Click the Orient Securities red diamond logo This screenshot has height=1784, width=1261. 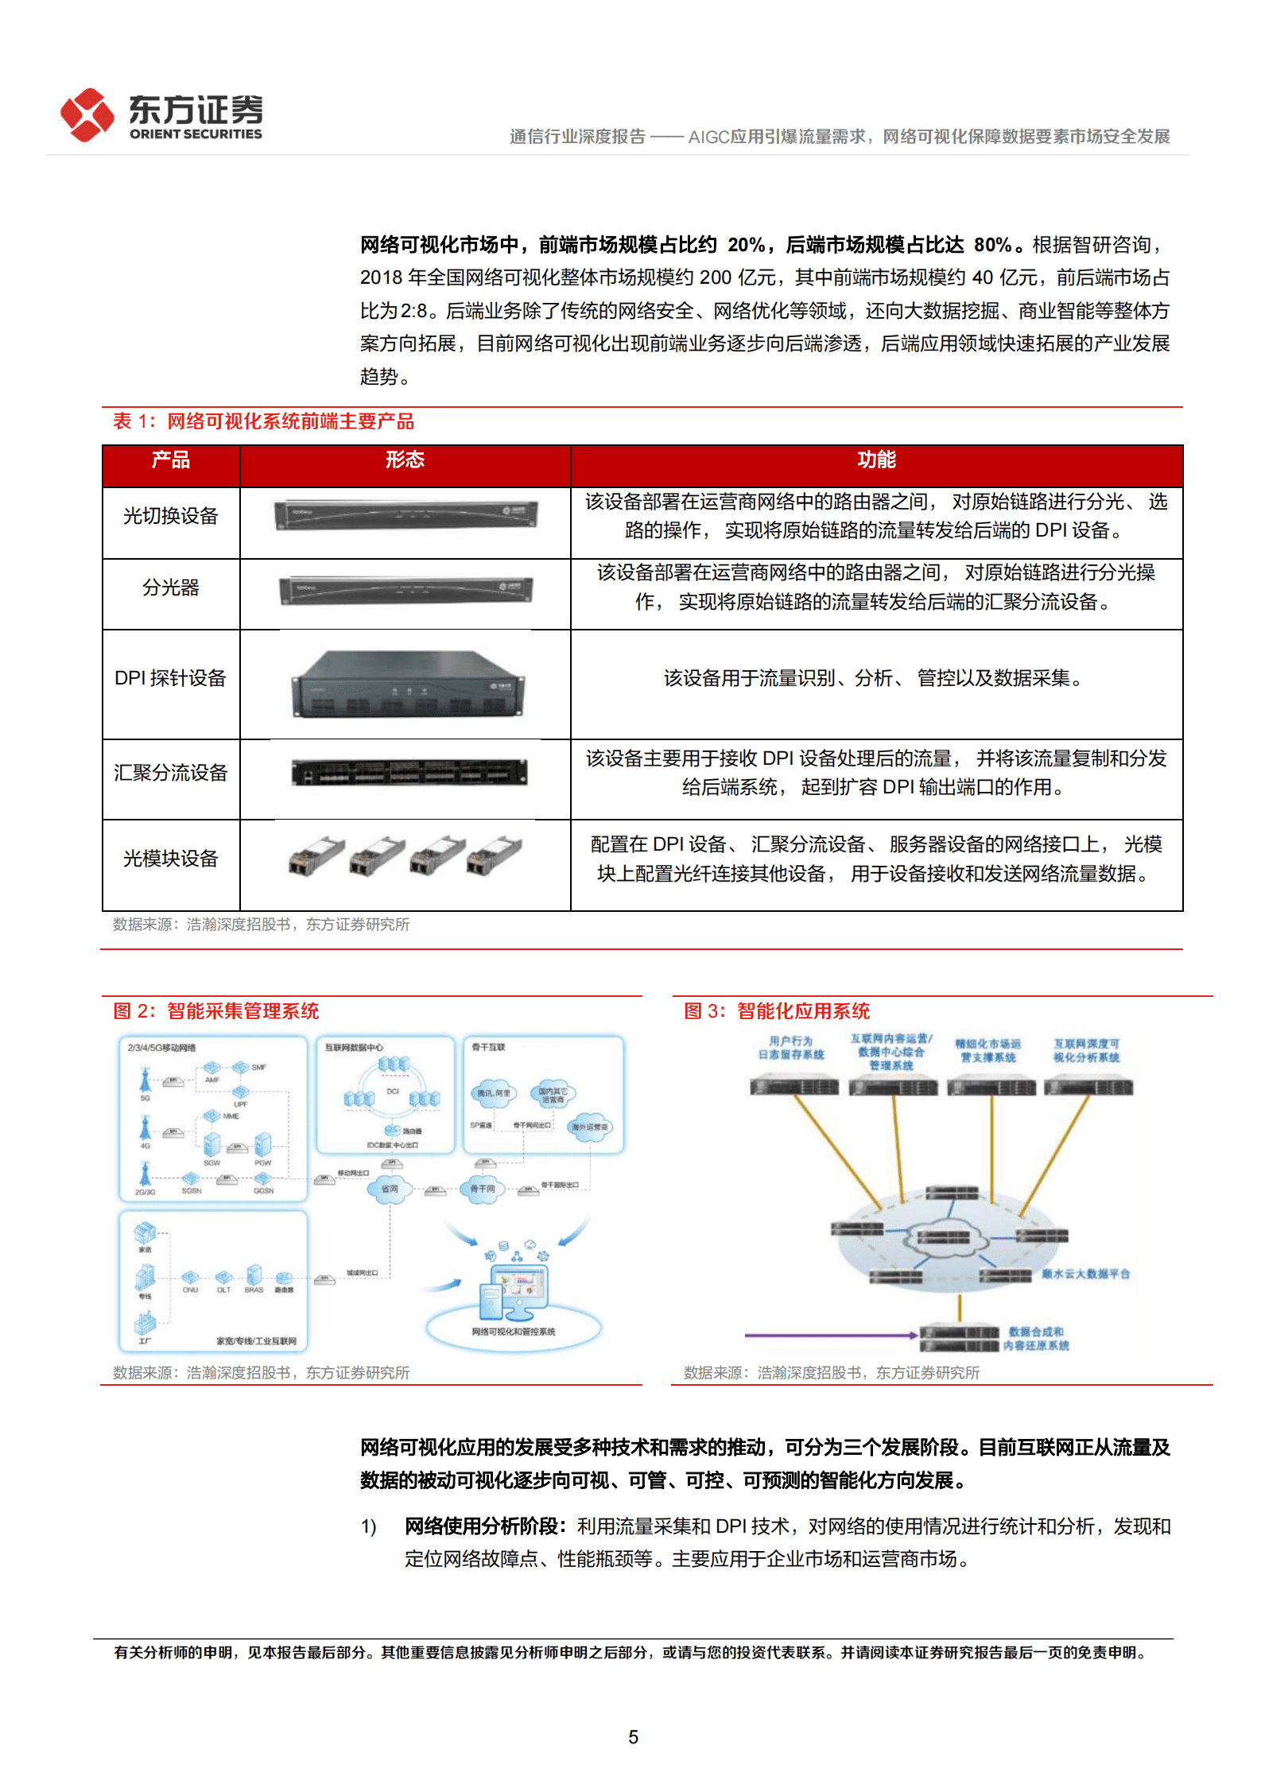pos(87,115)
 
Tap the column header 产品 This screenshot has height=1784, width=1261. pos(170,460)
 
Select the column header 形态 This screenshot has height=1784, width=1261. pos(405,460)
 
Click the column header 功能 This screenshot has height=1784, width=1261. pos(876,460)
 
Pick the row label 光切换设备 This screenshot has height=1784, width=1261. pos(170,517)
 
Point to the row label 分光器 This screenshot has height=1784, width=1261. pos(170,588)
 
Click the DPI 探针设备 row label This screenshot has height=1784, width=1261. pos(170,678)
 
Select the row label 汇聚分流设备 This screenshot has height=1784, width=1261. pos(170,773)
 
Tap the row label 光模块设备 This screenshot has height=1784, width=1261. pos(170,859)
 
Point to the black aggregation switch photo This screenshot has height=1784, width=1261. pos(409,772)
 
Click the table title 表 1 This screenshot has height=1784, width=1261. pos(263,421)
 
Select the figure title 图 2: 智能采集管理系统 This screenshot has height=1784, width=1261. pos(216,1011)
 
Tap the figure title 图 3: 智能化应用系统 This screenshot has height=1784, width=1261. pos(777,1011)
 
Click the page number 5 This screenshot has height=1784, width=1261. pos(633,1737)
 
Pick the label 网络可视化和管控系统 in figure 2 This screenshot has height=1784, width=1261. pos(513,1332)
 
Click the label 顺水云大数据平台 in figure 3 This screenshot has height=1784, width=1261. pos(1085,1274)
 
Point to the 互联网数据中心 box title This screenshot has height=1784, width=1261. pos(353,1048)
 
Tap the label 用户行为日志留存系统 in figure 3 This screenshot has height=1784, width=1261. pos(790,1048)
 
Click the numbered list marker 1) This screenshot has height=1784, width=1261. pos(368,1527)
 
